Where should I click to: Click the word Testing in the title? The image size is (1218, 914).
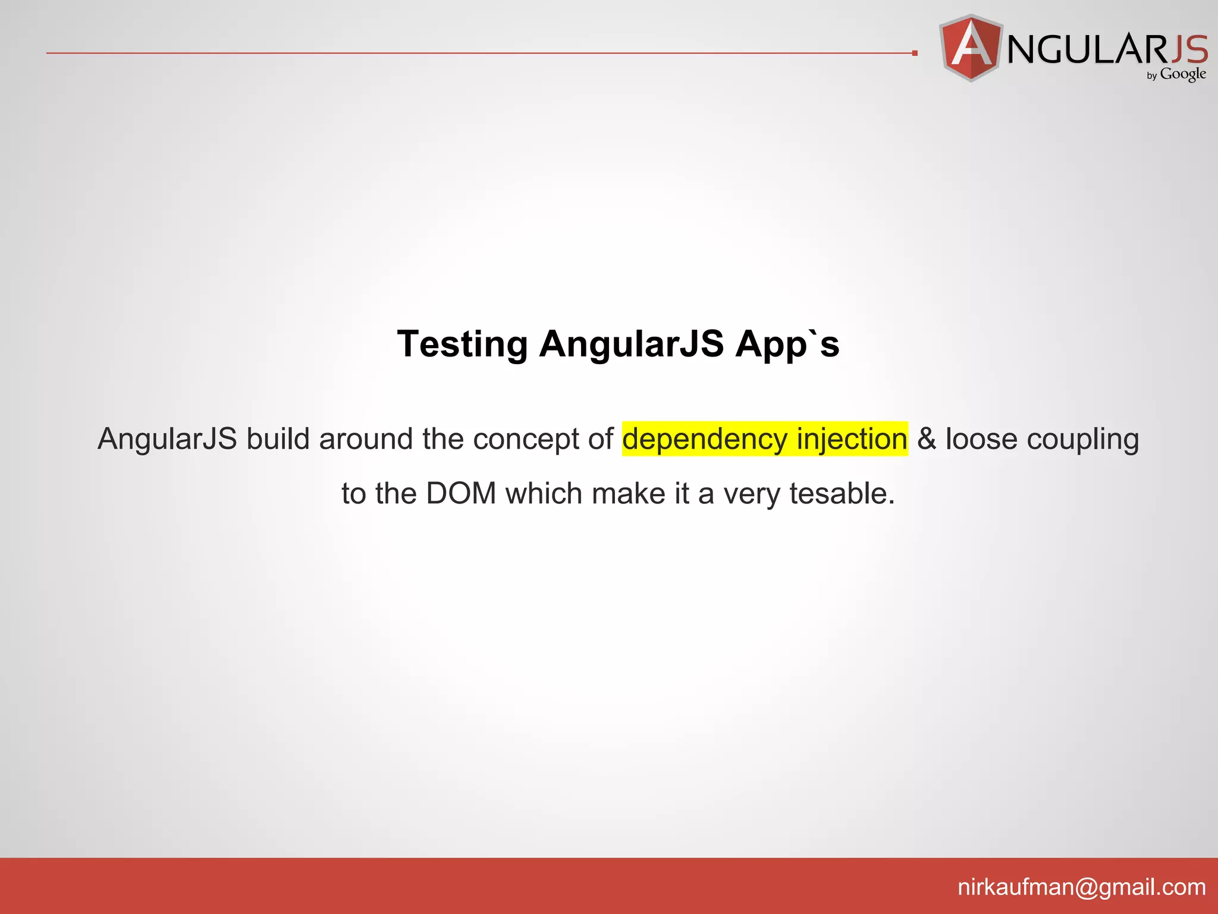pos(462,345)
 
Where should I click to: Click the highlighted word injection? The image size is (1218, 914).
pos(852,440)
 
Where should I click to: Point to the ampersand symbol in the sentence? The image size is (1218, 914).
pos(927,439)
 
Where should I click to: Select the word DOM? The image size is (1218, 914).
pos(461,493)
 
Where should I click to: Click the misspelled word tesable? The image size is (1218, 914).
pos(842,493)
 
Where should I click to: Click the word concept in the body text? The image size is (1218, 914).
pos(526,440)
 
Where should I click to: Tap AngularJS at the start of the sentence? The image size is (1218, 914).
pos(167,439)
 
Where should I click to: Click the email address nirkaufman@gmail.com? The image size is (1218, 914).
pos(1081,887)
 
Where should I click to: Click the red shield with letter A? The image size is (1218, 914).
pos(971,48)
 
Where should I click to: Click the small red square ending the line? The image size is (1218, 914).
pos(915,53)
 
